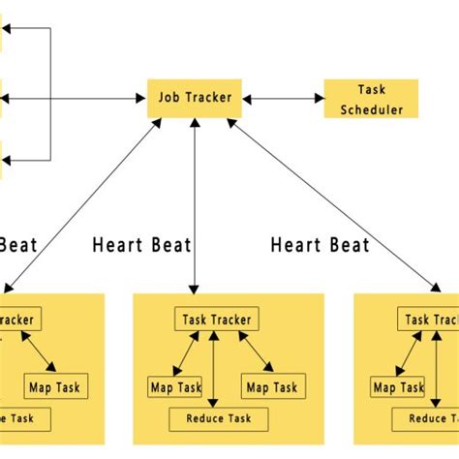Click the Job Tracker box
(x=196, y=99)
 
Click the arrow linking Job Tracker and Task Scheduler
(x=283, y=99)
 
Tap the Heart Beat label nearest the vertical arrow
(x=141, y=244)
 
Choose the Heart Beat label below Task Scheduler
(x=320, y=244)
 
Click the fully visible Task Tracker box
(x=216, y=321)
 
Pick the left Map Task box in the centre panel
(x=174, y=387)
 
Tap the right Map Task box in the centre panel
(x=270, y=387)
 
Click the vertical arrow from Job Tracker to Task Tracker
(x=196, y=203)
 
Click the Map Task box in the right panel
(x=399, y=387)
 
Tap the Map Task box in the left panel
(x=54, y=386)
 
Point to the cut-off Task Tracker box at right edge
(x=430, y=321)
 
